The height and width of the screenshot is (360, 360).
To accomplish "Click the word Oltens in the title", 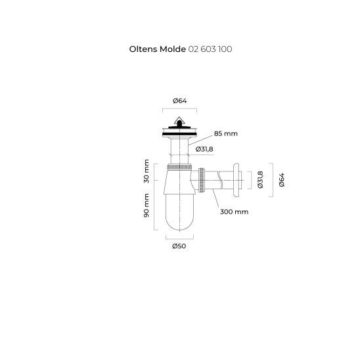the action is coord(143,49).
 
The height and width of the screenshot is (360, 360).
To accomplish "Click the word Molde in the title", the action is coord(173,49).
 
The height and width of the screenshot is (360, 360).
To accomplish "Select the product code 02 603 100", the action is coord(210,49).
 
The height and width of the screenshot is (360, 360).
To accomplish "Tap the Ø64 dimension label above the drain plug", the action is coord(180,101).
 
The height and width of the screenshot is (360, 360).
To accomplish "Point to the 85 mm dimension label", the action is coord(226,133).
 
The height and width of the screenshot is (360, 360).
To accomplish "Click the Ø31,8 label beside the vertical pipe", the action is coord(204,149).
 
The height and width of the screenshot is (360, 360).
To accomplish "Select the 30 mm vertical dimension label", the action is coord(146,171).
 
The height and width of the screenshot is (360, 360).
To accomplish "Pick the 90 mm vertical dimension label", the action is coord(146,206).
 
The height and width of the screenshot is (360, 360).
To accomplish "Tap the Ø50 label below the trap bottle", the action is coord(179,246).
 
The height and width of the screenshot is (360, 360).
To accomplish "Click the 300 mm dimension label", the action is coord(234,212).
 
